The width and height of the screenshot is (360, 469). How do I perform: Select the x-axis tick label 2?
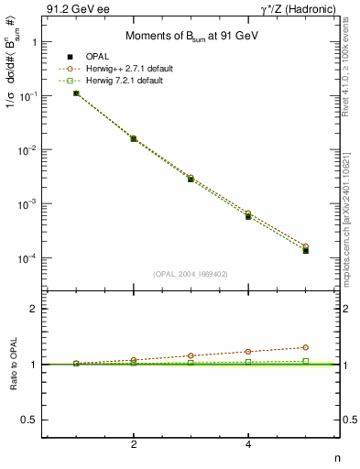point(134,445)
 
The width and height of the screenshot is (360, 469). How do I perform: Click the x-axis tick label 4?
point(248,445)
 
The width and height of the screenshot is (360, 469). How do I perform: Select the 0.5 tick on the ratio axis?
point(29,420)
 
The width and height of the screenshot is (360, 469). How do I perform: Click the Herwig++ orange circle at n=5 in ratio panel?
point(305,347)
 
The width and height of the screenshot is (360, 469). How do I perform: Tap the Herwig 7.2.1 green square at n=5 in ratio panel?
point(305,361)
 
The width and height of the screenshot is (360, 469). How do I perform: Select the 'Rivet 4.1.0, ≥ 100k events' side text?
point(351,68)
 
